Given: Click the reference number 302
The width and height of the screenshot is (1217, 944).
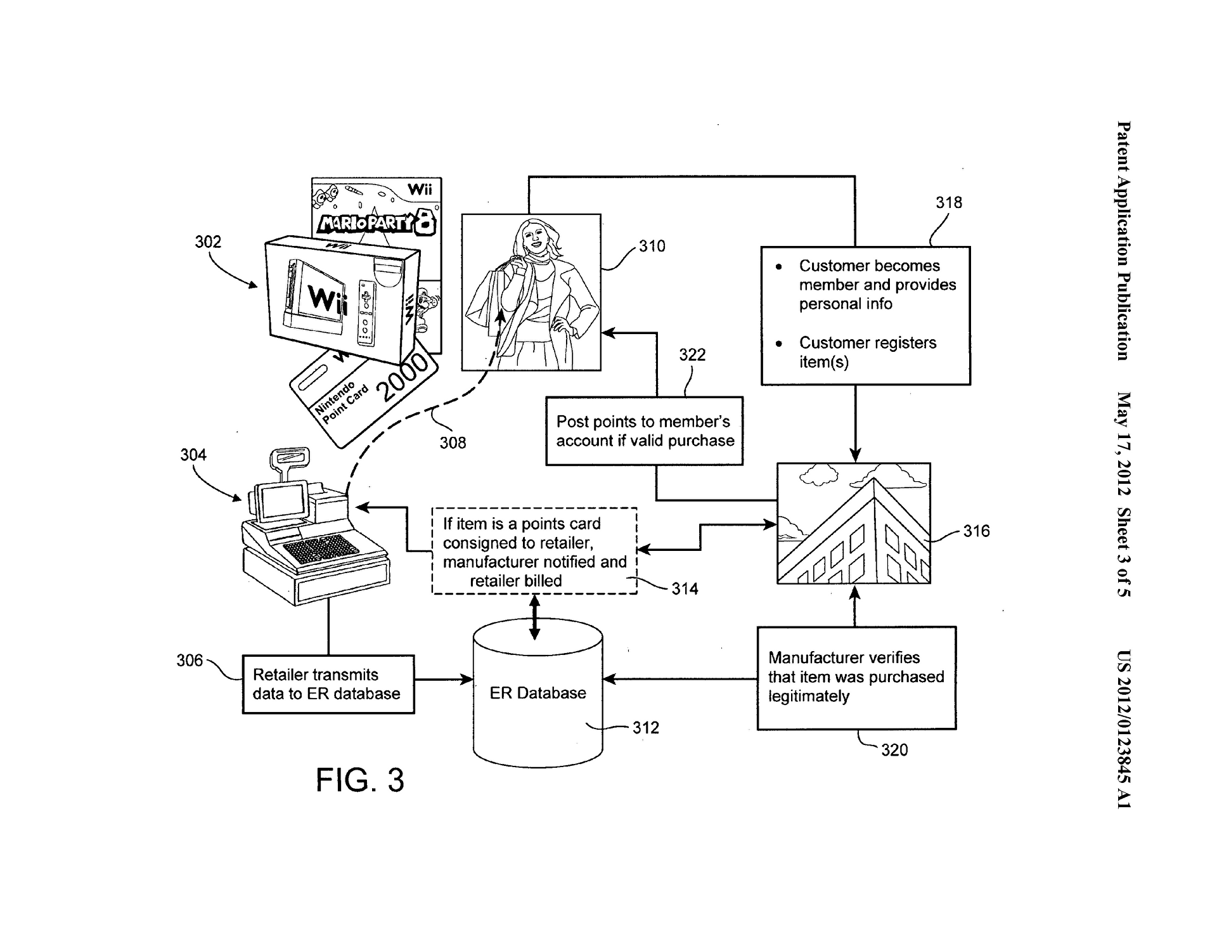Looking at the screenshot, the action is tap(208, 242).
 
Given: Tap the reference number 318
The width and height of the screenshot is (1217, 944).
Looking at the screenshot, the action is tap(949, 202).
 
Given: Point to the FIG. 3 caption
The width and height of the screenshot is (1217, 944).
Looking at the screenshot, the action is tap(360, 780).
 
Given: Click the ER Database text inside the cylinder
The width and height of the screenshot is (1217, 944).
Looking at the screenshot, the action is tap(538, 693).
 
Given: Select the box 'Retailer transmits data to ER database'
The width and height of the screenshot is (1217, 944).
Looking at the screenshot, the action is tap(328, 684).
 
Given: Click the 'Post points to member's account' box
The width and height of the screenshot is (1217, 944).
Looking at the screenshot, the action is tap(645, 431).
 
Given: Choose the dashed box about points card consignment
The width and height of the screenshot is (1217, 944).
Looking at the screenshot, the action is tap(534, 551).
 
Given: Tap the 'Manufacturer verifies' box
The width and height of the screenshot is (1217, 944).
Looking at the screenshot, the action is tap(856, 678).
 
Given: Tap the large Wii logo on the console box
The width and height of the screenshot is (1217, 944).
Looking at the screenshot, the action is tap(327, 299).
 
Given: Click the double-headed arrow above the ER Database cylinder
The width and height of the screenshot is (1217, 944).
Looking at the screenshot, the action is tap(535, 617).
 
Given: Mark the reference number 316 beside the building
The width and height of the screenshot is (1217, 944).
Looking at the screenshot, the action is tap(976, 531).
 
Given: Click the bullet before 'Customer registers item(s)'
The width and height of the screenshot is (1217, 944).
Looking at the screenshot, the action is tap(779, 344).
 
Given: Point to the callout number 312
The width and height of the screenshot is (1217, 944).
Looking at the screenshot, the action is tap(646, 727).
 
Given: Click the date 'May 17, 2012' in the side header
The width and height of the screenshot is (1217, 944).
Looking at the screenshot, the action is tap(1123, 443).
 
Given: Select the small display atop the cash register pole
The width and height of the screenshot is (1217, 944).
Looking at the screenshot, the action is tap(290, 456).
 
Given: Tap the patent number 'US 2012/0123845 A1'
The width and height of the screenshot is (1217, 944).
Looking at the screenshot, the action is tap(1123, 729).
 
